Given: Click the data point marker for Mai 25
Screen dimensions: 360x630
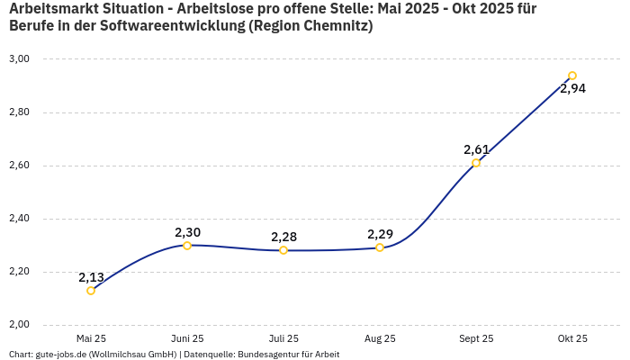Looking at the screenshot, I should [91, 291].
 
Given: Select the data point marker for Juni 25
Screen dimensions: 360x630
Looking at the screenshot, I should [187, 246].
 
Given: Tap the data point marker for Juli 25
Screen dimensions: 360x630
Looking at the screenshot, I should [283, 250].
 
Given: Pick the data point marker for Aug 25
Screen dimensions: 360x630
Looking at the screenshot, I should [380, 247].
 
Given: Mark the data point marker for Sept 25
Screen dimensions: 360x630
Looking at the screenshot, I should [476, 163].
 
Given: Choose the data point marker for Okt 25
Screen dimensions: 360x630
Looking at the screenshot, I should [572, 76].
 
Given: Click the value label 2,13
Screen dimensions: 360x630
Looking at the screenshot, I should [91, 277].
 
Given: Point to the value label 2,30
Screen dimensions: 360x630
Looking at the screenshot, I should [187, 232].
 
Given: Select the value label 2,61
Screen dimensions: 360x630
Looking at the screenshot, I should [476, 149].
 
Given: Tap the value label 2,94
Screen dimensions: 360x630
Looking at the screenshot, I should [572, 88].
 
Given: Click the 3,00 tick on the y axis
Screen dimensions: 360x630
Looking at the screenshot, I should [19, 59].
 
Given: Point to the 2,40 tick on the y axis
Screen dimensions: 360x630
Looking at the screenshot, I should [19, 219].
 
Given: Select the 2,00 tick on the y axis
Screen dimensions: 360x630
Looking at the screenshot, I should [19, 325].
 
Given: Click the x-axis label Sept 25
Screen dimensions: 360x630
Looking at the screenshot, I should [476, 338].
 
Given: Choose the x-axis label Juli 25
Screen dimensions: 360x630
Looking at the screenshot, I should [283, 338].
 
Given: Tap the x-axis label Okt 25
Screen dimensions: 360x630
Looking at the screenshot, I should [572, 338].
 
